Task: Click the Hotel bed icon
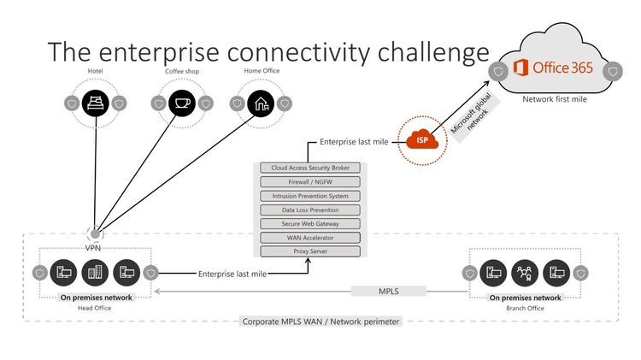click(97, 103)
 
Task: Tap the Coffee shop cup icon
click(180, 103)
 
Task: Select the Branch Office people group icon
click(525, 273)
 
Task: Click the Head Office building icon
click(95, 273)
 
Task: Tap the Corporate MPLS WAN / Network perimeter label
click(320, 322)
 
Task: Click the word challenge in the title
click(416, 50)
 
